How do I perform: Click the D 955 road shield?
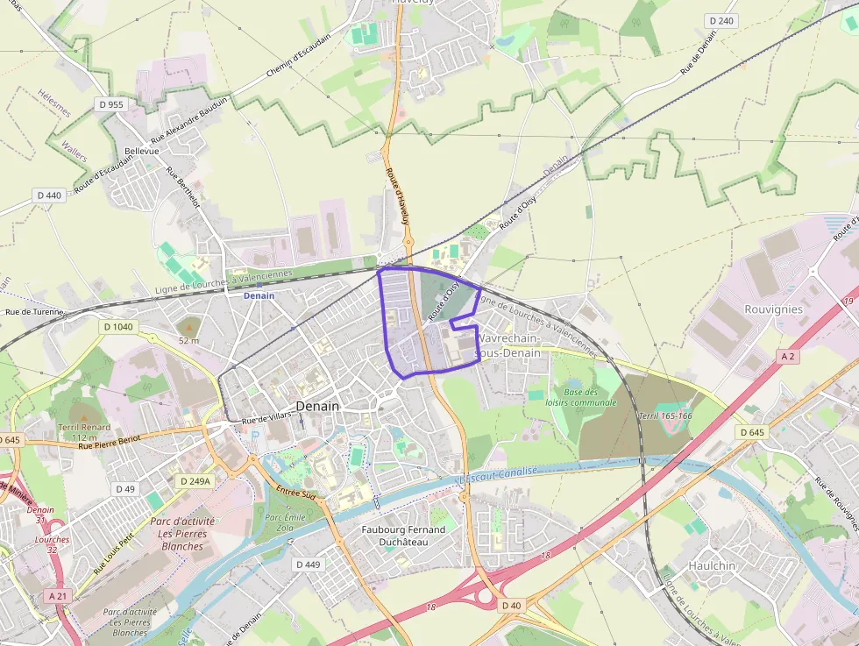tap(112, 104)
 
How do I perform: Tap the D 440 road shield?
tap(49, 195)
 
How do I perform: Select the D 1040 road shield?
tap(118, 327)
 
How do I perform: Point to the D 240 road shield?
tap(721, 20)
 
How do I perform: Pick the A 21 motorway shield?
tap(57, 596)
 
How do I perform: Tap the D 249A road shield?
tap(195, 481)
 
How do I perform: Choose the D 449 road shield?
tap(308, 564)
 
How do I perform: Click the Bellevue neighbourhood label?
tap(142, 151)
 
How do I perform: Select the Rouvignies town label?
tap(773, 309)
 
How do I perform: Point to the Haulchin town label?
tap(712, 565)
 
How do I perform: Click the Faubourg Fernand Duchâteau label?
tap(403, 536)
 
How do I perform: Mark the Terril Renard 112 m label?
tap(84, 432)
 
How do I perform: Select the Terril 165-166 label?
tap(666, 415)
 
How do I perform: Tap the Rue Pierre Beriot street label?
tap(109, 442)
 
